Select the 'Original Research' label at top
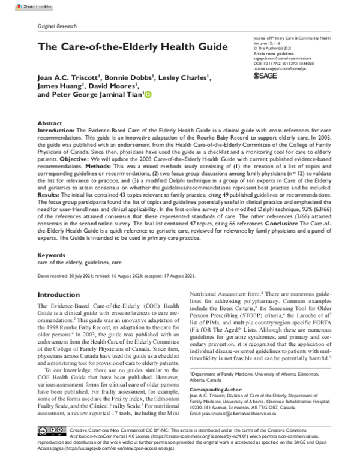tap(58, 28)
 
